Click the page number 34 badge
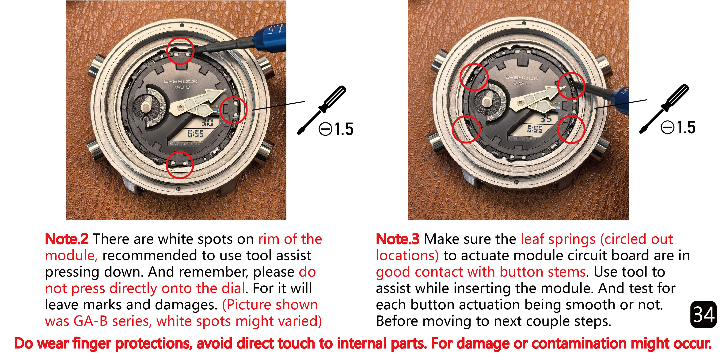pyautogui.click(x=703, y=314)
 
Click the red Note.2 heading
pyautogui.click(x=67, y=239)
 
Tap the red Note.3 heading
pyautogui.click(x=398, y=239)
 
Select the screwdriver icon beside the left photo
pyautogui.click(x=322, y=110)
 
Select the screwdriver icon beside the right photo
pyautogui.click(x=664, y=109)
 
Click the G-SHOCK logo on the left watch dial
pyautogui.click(x=181, y=81)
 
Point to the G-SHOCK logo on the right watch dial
pyautogui.click(x=522, y=78)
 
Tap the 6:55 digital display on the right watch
pyautogui.click(x=535, y=129)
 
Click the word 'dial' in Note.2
pyautogui.click(x=233, y=288)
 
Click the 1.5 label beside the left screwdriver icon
pyautogui.click(x=344, y=129)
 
